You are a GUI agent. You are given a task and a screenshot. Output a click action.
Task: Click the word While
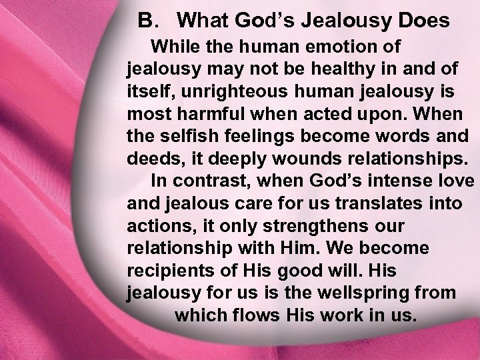(174, 47)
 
